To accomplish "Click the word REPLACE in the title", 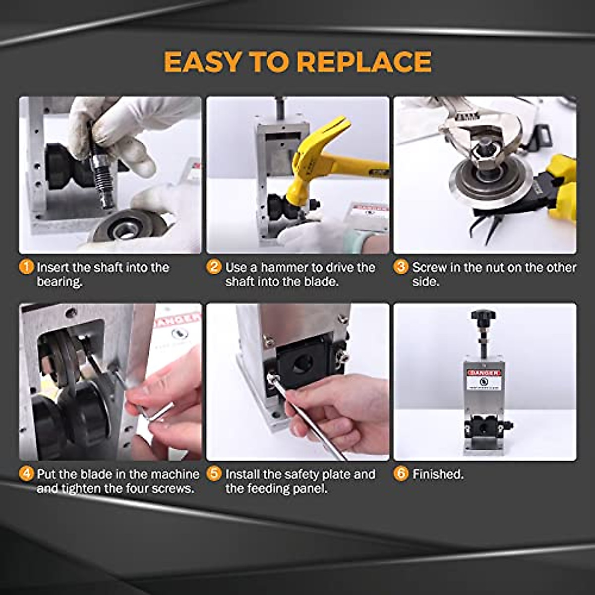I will pyautogui.click(x=364, y=62).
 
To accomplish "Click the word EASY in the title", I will pyautogui.click(x=203, y=62).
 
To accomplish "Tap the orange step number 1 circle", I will pyautogui.click(x=26, y=267).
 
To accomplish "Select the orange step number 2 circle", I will pyautogui.click(x=214, y=267).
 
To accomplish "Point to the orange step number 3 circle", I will pyautogui.click(x=401, y=267).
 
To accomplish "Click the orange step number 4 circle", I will pyautogui.click(x=26, y=474).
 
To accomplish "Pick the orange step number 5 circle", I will pyautogui.click(x=214, y=474).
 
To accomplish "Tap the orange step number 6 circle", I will pyautogui.click(x=401, y=474).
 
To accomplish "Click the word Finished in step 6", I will pyautogui.click(x=437, y=474).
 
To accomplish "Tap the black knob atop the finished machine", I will pyautogui.click(x=484, y=315).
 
